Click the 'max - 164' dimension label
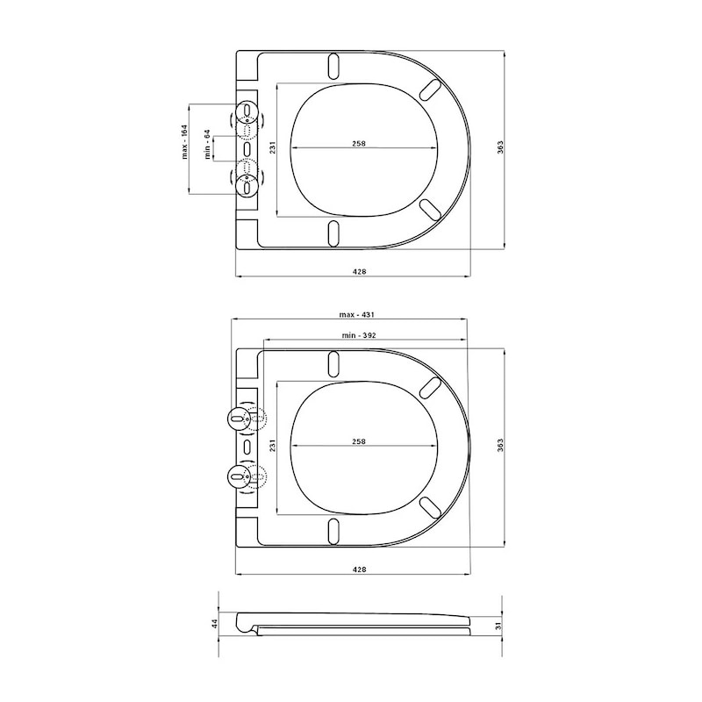pyautogui.click(x=184, y=141)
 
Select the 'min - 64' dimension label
pyautogui.click(x=207, y=144)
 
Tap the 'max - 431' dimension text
pyautogui.click(x=357, y=315)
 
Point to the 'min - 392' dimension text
pyautogui.click(x=359, y=335)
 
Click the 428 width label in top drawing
pyautogui.click(x=360, y=271)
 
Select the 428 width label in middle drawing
pyautogui.click(x=360, y=569)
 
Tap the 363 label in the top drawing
pyautogui.click(x=500, y=147)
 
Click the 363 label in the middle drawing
pyautogui.click(x=500, y=445)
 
